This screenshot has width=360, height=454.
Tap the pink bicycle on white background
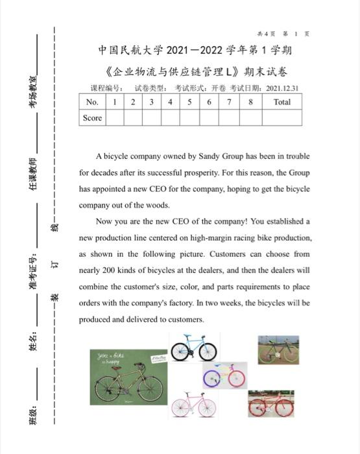tap(193, 405)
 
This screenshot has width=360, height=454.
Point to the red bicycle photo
tap(270, 404)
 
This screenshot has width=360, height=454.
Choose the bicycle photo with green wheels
tap(278, 350)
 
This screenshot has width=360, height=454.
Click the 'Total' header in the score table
tap(282, 102)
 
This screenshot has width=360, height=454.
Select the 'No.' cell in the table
tap(91, 102)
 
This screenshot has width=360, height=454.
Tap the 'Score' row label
tap(91, 118)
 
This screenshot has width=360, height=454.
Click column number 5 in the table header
tap(189, 102)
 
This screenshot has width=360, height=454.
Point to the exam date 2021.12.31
tap(282, 88)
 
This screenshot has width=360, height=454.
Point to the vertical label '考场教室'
tap(32, 91)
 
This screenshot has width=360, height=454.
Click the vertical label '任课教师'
tap(32, 173)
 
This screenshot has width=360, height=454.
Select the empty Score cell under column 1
tap(115, 118)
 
